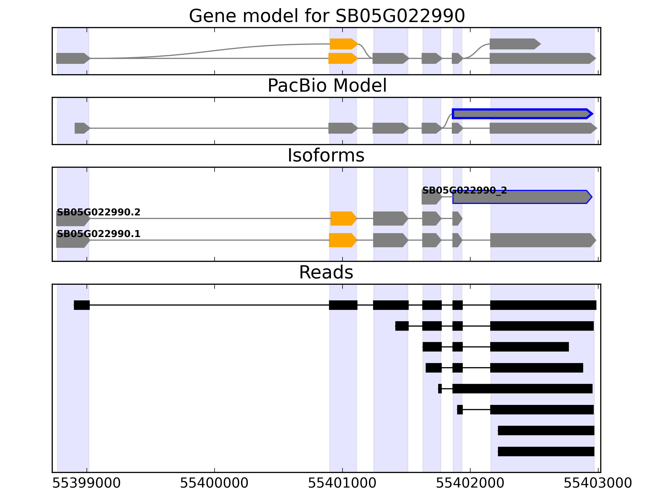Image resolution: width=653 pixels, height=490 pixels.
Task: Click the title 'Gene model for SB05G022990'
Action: [x=326, y=16]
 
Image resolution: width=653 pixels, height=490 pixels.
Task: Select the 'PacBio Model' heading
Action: [x=327, y=86]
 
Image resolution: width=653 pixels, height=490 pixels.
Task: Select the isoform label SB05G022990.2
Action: [x=99, y=212]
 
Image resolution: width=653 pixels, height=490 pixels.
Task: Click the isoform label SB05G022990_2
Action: [x=464, y=190]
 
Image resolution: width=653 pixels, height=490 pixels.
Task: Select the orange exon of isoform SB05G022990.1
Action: [x=342, y=240]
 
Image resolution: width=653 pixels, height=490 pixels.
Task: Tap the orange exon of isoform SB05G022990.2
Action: [x=343, y=219]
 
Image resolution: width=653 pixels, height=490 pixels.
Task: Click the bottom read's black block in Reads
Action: [x=546, y=451]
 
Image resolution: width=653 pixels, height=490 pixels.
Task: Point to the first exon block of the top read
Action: [x=82, y=305]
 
